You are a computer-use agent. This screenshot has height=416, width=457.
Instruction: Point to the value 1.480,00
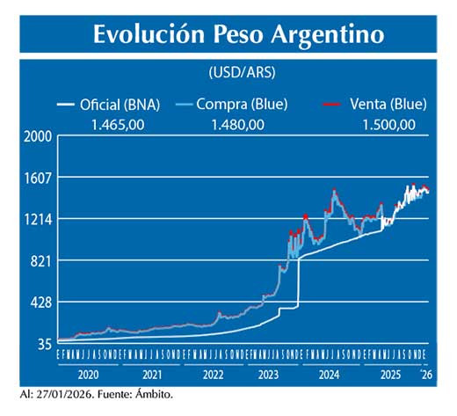click(238, 125)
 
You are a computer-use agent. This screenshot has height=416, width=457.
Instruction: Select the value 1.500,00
click(388, 125)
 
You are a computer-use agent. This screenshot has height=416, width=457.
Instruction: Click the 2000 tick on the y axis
click(38, 136)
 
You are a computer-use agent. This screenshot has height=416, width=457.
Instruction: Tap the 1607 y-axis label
click(38, 178)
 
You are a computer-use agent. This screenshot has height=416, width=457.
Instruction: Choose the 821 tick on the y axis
click(40, 260)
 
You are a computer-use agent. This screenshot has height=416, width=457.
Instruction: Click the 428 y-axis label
click(40, 302)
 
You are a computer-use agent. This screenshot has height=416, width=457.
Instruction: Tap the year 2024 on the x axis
click(329, 373)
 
